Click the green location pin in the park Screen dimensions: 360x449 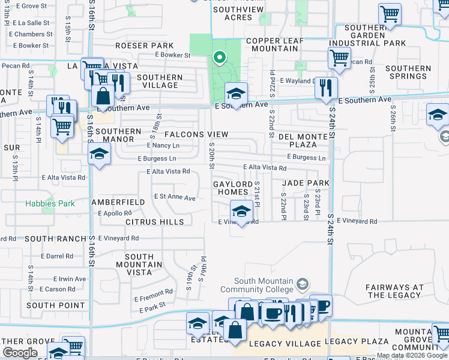(x=220, y=58)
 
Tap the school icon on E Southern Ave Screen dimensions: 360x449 (x=237, y=94)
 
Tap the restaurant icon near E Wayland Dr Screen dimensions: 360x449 (x=326, y=88)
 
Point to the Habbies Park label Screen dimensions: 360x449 (x=50, y=203)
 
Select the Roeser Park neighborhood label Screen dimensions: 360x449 (x=144, y=46)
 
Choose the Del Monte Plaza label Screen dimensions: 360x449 (x=306, y=141)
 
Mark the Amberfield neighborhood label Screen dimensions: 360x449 (x=118, y=202)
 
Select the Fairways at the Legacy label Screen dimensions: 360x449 (x=396, y=291)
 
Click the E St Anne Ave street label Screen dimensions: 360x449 (x=175, y=197)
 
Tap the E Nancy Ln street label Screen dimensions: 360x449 (x=163, y=145)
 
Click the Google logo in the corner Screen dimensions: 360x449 (x=20, y=352)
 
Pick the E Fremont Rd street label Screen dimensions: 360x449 (x=153, y=298)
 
